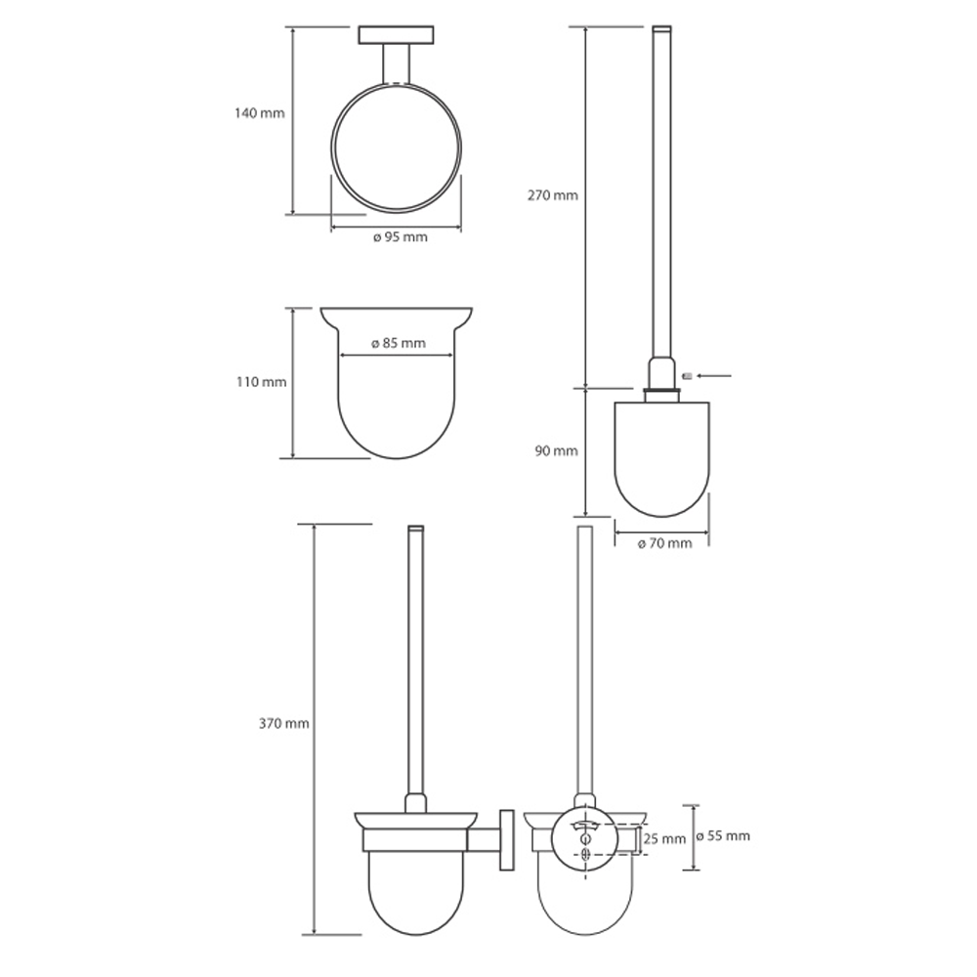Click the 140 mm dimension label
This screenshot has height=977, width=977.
tap(259, 113)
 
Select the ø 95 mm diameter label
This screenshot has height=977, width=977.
tap(400, 236)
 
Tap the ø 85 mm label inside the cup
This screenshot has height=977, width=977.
tap(399, 343)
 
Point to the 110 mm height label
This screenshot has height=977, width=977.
tap(261, 381)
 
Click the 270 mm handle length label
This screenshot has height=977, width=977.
tap(553, 195)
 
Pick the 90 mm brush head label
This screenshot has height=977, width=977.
tap(556, 450)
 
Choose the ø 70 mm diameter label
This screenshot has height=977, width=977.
tap(664, 543)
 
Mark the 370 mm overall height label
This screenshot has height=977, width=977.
tap(283, 723)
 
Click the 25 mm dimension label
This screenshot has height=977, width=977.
tap(664, 838)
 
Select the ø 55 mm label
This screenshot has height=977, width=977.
tap(723, 835)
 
